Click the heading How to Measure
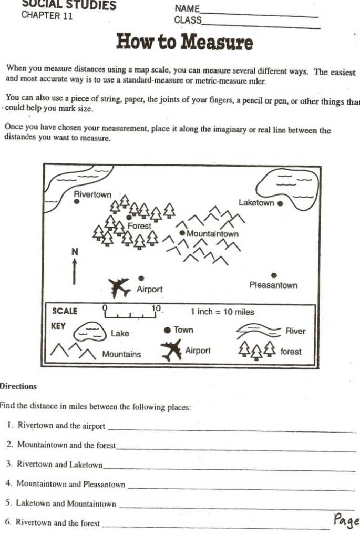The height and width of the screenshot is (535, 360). tap(184, 42)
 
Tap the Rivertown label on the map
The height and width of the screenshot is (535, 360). tap(92, 194)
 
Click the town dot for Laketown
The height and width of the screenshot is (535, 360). tap(280, 203)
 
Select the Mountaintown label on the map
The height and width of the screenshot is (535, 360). tap(212, 234)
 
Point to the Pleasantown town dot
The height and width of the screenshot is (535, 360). tap(273, 275)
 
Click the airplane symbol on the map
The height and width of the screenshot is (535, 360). tap(119, 287)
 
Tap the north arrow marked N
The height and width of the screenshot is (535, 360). tap(75, 266)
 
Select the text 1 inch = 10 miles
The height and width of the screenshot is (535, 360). tap(222, 312)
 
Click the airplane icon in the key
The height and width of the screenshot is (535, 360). tap(171, 350)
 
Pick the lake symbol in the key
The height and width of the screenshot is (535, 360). tap(89, 333)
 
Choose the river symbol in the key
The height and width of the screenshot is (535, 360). tap(259, 331)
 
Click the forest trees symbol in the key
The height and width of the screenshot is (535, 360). tap(257, 349)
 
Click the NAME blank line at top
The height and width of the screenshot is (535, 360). tap(259, 13)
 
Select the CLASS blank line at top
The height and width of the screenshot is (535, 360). tap(261, 24)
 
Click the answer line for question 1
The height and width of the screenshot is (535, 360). tap(231, 430)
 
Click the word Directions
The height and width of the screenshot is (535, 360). tap(18, 386)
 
